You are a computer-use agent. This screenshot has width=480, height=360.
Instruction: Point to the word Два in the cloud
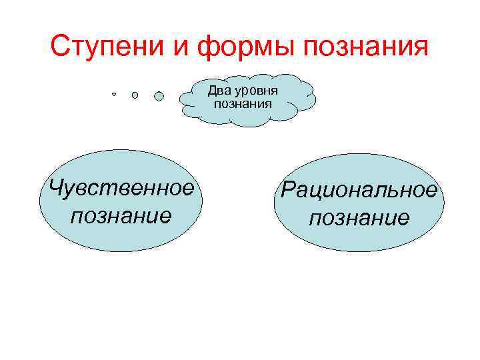[x=218, y=90]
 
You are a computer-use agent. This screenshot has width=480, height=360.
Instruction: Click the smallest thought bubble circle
[x=114, y=95]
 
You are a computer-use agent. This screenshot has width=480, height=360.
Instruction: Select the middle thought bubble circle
[x=135, y=95]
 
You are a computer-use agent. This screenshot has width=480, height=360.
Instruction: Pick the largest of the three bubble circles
[x=159, y=96]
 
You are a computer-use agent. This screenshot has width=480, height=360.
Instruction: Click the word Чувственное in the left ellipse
[x=117, y=188]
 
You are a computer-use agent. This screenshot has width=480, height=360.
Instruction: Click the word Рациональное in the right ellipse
[x=359, y=191]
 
